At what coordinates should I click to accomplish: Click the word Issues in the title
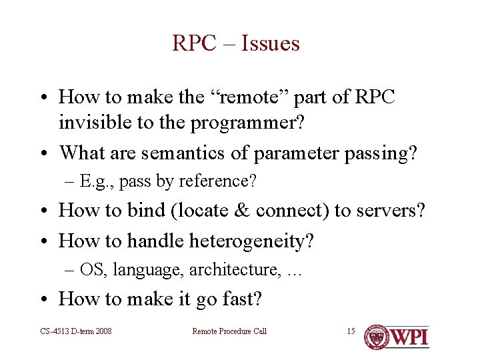pyautogui.click(x=271, y=43)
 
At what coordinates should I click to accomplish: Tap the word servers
pyautogui.click(x=385, y=210)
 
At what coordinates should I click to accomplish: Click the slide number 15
pyautogui.click(x=351, y=331)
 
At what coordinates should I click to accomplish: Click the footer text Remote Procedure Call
pyautogui.click(x=229, y=331)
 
